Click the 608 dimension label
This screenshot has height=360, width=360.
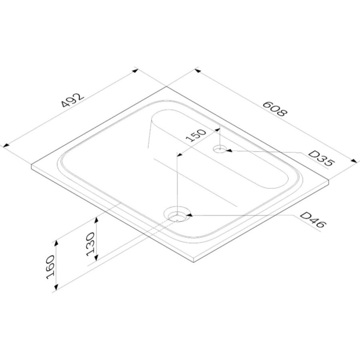pyautogui.click(x=275, y=108)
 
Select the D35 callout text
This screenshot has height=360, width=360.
pyautogui.click(x=321, y=158)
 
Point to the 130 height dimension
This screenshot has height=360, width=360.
pyautogui.click(x=91, y=244)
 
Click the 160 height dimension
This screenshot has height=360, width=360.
pyautogui.click(x=50, y=267)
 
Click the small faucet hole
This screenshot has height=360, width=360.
pyautogui.click(x=220, y=149)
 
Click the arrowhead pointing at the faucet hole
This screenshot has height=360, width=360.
pyautogui.click(x=229, y=150)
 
